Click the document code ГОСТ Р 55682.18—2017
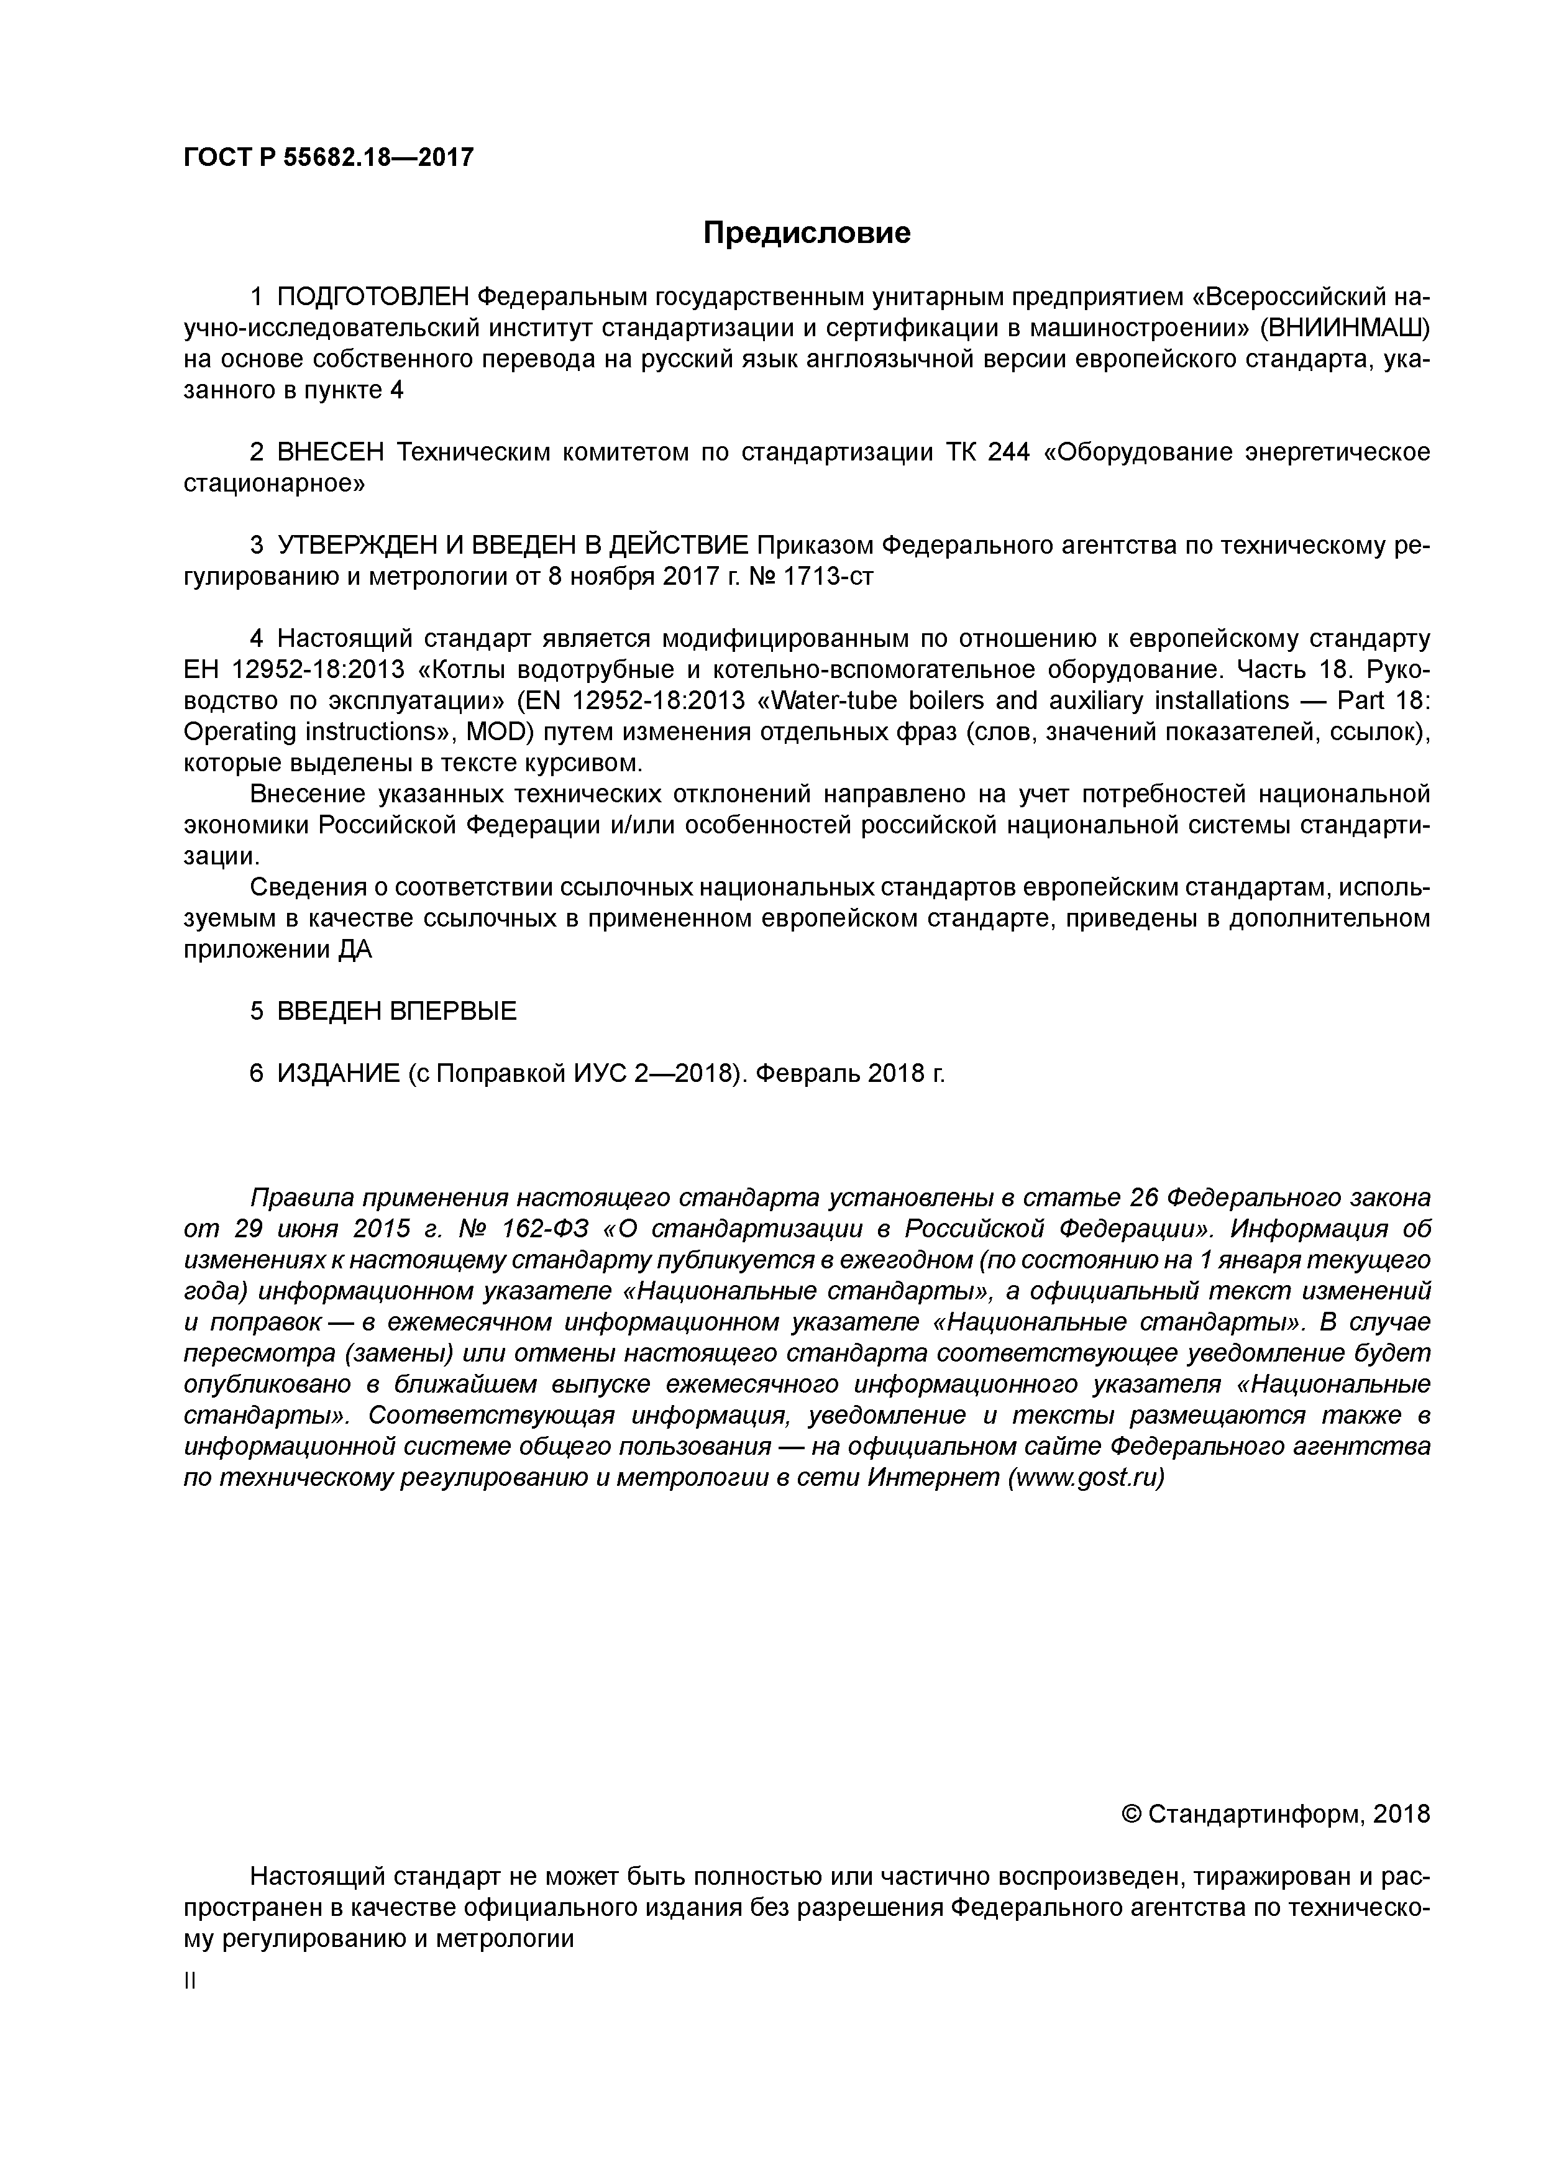point(327,158)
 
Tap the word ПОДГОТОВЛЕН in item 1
point(373,297)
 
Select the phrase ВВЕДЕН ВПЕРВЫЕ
point(397,1010)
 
